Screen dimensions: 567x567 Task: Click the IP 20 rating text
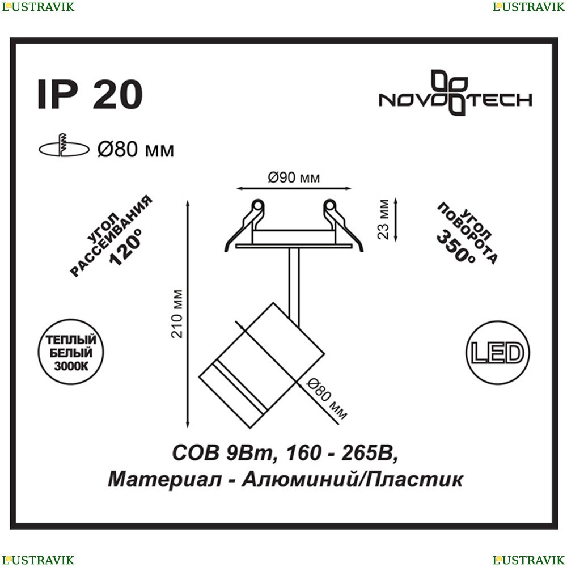pos(90,94)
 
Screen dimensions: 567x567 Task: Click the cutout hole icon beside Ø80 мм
pos(64,146)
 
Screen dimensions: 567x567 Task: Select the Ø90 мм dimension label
pos(294,177)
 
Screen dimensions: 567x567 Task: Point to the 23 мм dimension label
pos(383,219)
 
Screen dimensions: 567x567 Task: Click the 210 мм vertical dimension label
pos(177,314)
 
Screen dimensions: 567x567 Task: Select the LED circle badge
pos(498,353)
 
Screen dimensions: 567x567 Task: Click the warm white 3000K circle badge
pos(71,352)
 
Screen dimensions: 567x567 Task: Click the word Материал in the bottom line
pos(164,480)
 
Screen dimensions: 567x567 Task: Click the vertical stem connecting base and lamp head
pos(294,287)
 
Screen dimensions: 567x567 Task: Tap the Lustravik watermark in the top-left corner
pos(38,7)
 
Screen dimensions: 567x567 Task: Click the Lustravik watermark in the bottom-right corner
pos(528,560)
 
